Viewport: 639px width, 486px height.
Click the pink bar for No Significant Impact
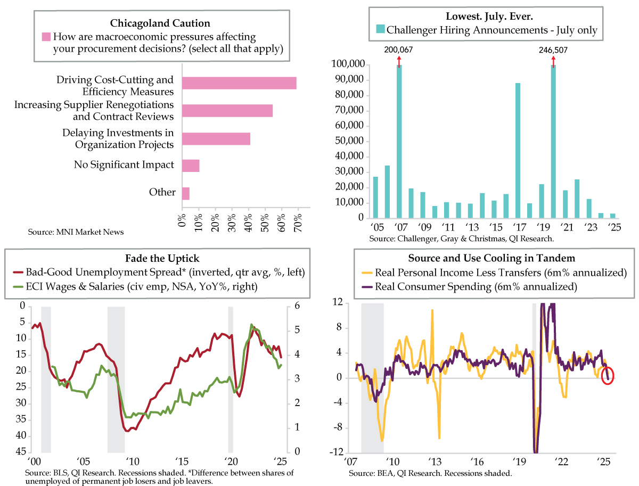tap(191, 166)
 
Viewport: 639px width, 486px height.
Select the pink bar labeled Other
tap(186, 194)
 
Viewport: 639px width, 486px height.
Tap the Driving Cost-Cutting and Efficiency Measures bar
tap(239, 83)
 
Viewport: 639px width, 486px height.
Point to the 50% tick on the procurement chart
tap(265, 223)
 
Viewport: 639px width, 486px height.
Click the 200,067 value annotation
tap(398, 50)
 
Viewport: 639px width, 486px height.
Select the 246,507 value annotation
tap(553, 50)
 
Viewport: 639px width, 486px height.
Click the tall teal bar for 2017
tap(518, 151)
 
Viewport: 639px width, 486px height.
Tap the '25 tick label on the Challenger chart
tap(615, 227)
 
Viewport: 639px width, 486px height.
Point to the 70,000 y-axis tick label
tap(349, 110)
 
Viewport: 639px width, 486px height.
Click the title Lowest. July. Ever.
tap(489, 17)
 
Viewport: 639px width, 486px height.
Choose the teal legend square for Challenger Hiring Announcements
tap(380, 29)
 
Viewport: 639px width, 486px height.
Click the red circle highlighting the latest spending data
tap(608, 376)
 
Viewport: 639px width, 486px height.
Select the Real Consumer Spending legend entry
tap(469, 287)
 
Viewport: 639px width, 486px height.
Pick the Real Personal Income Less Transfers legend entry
tap(494, 273)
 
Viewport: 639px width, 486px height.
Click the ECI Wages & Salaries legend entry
tap(135, 287)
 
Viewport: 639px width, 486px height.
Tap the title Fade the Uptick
tap(162, 258)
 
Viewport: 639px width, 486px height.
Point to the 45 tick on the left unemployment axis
tap(21, 451)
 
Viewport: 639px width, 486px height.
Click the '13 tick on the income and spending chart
tap(435, 462)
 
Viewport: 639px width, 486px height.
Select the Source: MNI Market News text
tap(76, 232)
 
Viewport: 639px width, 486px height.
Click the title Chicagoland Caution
tap(160, 23)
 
